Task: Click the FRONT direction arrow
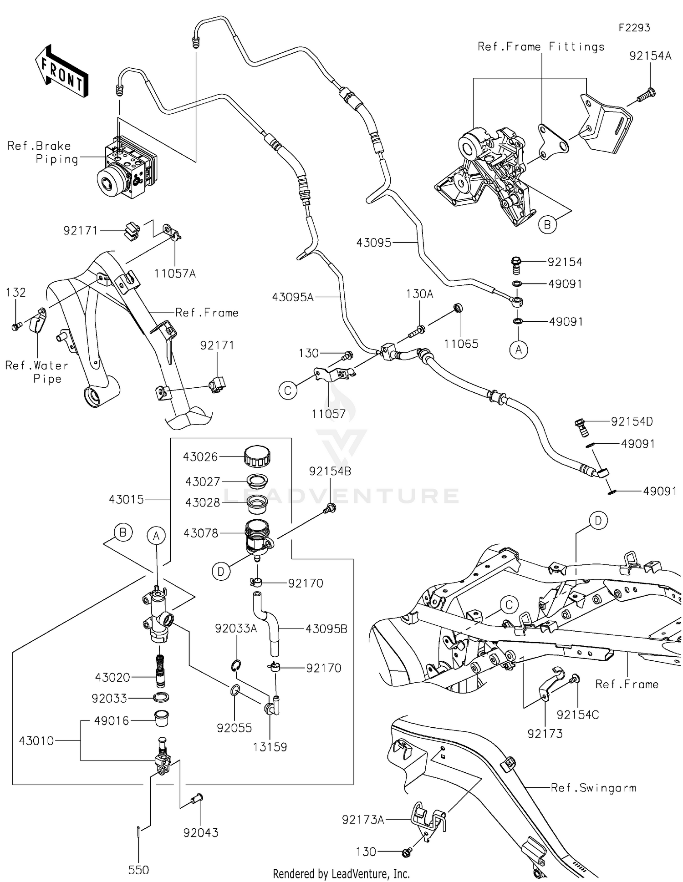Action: pos(61,72)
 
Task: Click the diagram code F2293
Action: pos(634,28)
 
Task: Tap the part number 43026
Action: pos(200,456)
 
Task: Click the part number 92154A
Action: pos(650,56)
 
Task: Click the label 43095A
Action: pos(293,297)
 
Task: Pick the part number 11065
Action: pos(461,344)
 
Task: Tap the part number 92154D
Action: pos(632,421)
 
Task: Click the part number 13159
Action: pos(270,747)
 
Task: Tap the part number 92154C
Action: pos(577,715)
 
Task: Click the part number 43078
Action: pos(201,533)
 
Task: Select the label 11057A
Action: pos(175,274)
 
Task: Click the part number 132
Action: pos(16,293)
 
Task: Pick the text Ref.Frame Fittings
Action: pos(541,47)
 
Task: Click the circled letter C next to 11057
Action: pos(288,390)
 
